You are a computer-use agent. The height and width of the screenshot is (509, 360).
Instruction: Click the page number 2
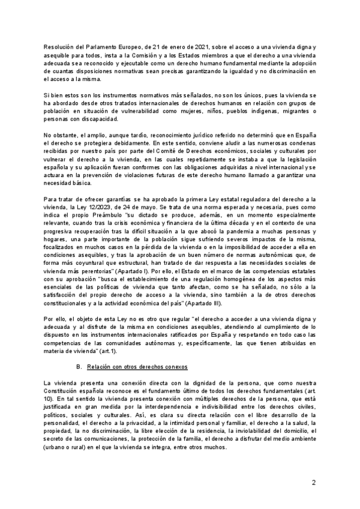[x=313, y=483]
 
